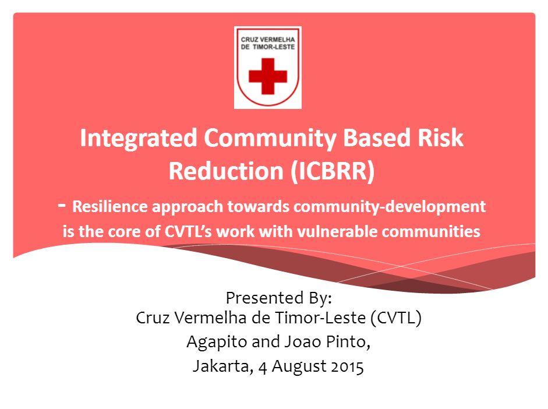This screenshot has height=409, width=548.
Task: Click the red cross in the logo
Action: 268,76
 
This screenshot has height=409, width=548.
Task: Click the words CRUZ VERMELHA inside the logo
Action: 268,40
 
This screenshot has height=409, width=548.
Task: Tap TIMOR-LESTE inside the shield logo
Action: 274,47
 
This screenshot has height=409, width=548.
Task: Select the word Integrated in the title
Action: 139,139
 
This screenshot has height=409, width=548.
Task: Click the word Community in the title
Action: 271,139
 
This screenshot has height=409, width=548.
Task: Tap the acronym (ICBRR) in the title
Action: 333,171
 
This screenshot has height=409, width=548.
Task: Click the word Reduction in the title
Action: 226,171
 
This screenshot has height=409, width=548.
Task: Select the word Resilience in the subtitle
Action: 109,206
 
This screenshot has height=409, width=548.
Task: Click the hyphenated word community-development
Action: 390,207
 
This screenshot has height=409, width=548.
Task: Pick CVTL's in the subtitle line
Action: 188,231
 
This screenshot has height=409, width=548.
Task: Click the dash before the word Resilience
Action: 62,205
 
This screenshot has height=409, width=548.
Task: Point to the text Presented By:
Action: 278,298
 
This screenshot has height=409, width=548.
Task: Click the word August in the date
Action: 299,366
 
